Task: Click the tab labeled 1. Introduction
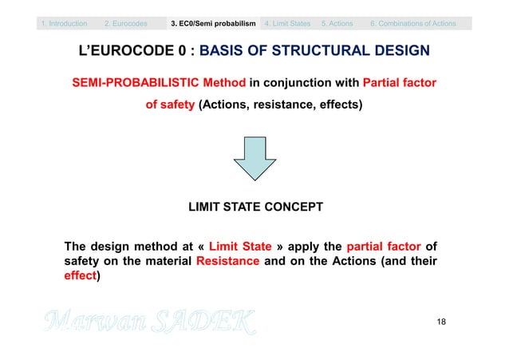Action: [65, 23]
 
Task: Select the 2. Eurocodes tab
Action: [126, 23]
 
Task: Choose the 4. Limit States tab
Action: [286, 23]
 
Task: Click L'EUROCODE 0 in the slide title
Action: [135, 53]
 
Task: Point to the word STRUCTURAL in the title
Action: [319, 53]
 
